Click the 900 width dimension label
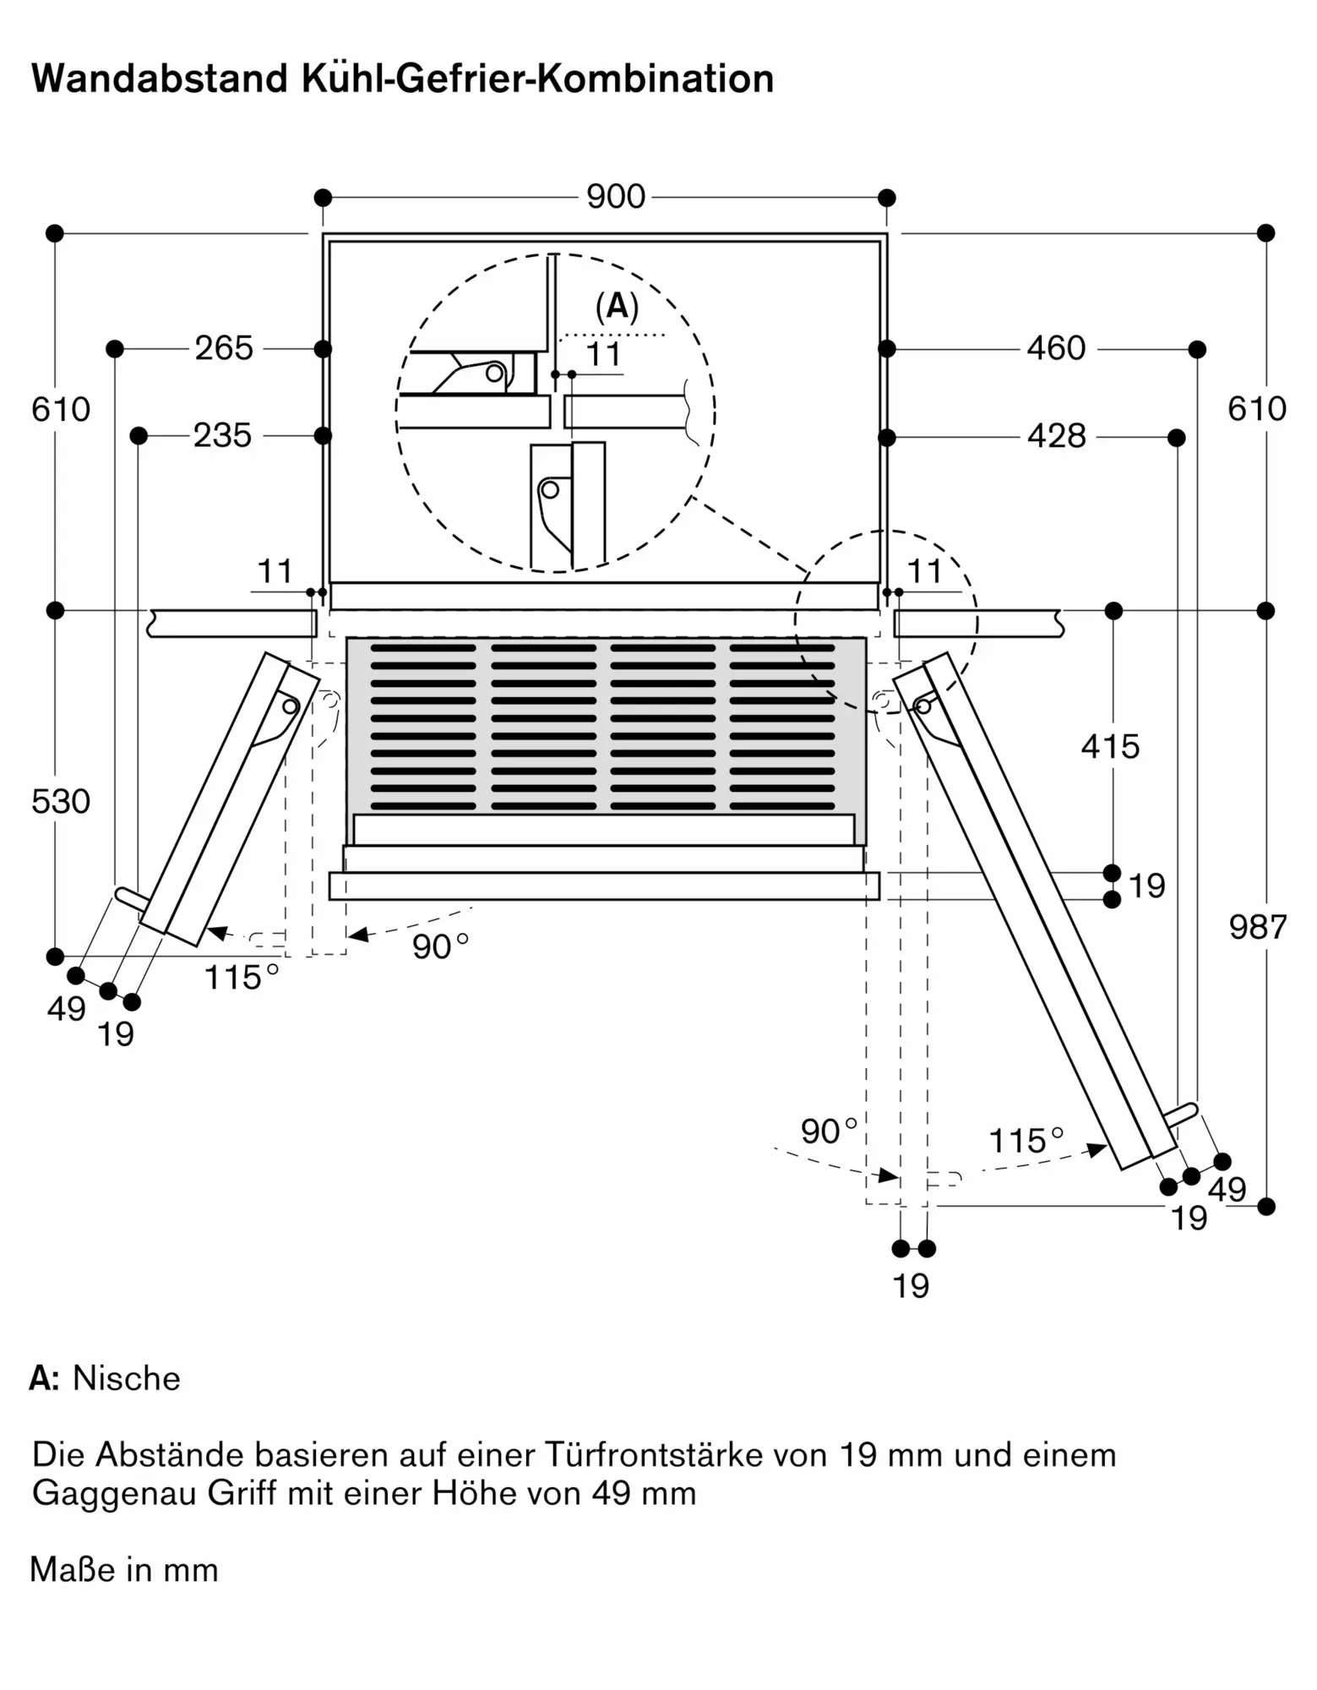(616, 197)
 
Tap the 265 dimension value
(224, 348)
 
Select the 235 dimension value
(223, 436)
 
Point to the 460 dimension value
(1056, 348)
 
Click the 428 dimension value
(1057, 436)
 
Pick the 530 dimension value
(61, 802)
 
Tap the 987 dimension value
(1258, 928)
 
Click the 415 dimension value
(1110, 747)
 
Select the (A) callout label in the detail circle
(617, 307)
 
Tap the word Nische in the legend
(127, 1378)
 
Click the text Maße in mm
(124, 1570)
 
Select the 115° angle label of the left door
(242, 978)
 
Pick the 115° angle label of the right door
(1026, 1141)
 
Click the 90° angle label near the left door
(440, 946)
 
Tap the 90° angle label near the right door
(829, 1131)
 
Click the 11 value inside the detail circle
(603, 355)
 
